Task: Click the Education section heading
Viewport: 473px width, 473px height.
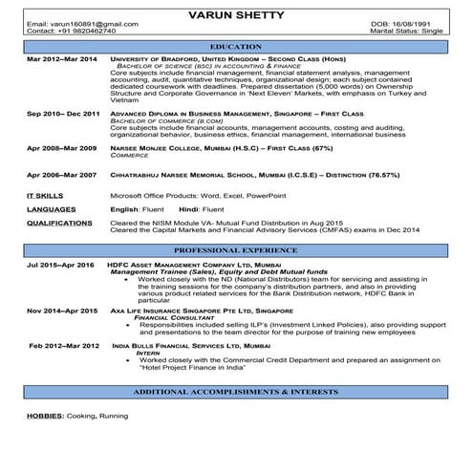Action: coord(236,47)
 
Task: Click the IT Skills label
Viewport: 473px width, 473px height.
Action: coord(45,194)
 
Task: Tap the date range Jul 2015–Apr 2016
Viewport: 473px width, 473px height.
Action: coord(61,264)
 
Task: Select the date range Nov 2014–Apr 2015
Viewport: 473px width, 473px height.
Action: coord(62,311)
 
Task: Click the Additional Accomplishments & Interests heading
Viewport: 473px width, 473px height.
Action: coord(236,393)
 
